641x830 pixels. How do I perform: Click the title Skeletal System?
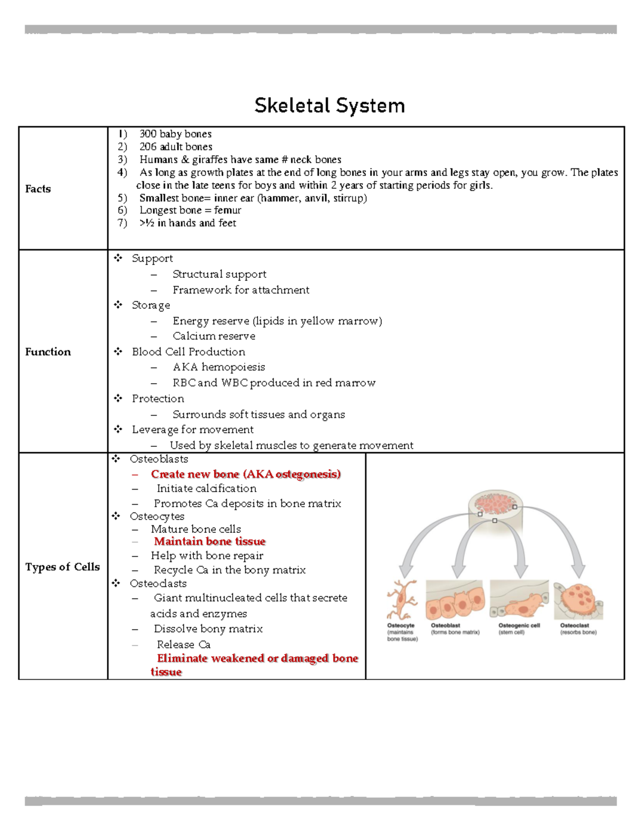[x=330, y=105]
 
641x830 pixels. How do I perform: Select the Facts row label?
[x=38, y=189]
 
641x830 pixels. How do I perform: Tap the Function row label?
[x=48, y=352]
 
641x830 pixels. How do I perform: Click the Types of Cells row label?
[x=62, y=567]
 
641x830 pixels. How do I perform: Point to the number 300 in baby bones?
[x=148, y=134]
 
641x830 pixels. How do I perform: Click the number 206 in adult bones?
[x=148, y=146]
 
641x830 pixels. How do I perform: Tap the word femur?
[x=228, y=210]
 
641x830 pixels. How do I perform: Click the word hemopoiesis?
[x=233, y=367]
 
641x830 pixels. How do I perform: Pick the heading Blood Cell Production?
[x=189, y=352]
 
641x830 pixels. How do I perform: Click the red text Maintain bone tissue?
[x=210, y=541]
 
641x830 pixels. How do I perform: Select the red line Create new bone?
[x=246, y=474]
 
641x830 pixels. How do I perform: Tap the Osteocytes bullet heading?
[x=157, y=516]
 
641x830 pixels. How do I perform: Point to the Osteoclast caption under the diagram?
[x=575, y=625]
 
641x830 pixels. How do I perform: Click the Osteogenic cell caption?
[x=519, y=625]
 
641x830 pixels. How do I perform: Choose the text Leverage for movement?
[x=193, y=430]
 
